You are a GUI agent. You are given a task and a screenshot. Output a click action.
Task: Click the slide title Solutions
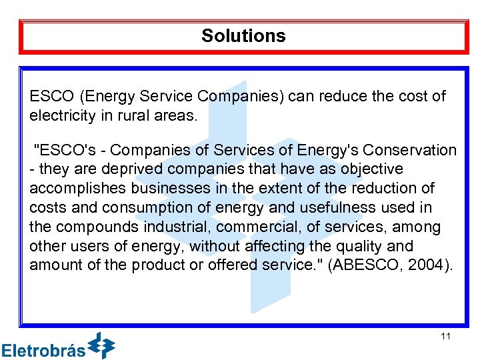click(x=243, y=36)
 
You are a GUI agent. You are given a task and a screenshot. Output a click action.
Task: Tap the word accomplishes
click(x=75, y=189)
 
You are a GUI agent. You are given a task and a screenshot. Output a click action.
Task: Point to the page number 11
click(x=445, y=336)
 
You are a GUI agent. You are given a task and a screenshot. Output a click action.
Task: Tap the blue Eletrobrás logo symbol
click(x=101, y=345)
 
